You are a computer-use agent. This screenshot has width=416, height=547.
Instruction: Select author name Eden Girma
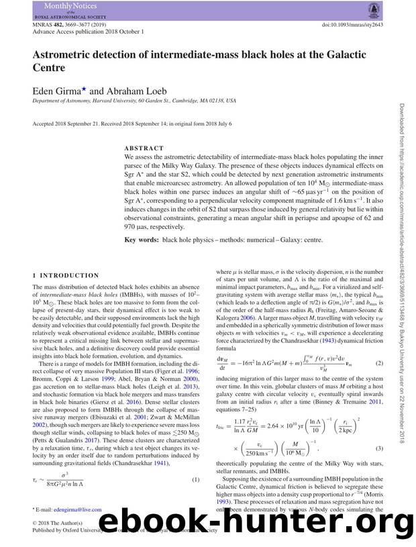tap(58, 90)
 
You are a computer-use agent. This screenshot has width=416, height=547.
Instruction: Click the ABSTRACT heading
tap(144, 148)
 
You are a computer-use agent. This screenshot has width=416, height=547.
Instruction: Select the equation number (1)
tap(196, 479)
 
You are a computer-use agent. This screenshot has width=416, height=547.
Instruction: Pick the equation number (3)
tap(379, 448)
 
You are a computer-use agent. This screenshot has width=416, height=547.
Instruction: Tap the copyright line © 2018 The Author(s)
tap(58, 523)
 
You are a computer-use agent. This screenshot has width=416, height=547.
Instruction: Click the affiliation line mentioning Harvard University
tap(134, 101)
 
